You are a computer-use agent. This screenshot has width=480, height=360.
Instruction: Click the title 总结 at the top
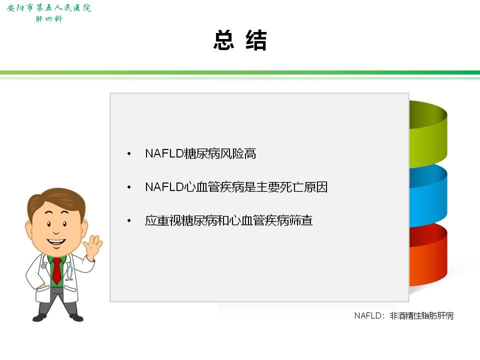pos(240,40)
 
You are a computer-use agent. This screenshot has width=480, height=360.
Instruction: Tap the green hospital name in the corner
pos(48,7)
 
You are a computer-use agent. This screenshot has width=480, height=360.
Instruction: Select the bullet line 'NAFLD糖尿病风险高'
pos(200,153)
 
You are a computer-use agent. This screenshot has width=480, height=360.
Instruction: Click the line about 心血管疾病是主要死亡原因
pos(236,187)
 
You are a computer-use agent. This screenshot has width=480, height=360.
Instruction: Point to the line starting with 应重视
pos(228,220)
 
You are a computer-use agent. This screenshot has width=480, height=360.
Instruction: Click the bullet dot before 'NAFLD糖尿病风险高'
pos(129,153)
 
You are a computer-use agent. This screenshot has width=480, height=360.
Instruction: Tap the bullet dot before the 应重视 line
pos(129,220)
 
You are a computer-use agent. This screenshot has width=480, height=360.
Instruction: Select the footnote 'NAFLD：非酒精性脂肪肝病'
pos(404,315)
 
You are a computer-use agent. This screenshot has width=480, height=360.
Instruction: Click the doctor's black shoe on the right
pos(76,317)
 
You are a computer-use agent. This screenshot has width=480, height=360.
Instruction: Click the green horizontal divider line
pos(240,72)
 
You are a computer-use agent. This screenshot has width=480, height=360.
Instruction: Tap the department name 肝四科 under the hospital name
pos(49,19)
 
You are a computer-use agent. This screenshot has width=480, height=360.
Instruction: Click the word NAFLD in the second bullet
pos(164,187)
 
